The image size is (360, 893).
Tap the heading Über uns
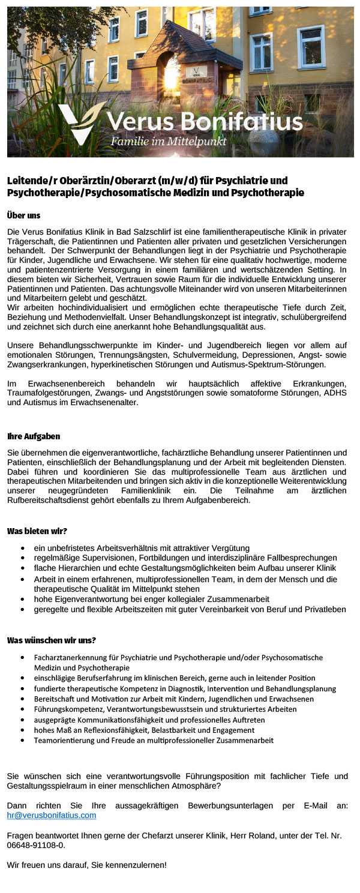pos(24,214)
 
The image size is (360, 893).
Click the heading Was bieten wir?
pos(37,531)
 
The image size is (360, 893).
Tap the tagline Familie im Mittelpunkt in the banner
pos(169,142)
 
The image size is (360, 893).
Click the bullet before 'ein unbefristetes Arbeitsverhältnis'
pos(22,548)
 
